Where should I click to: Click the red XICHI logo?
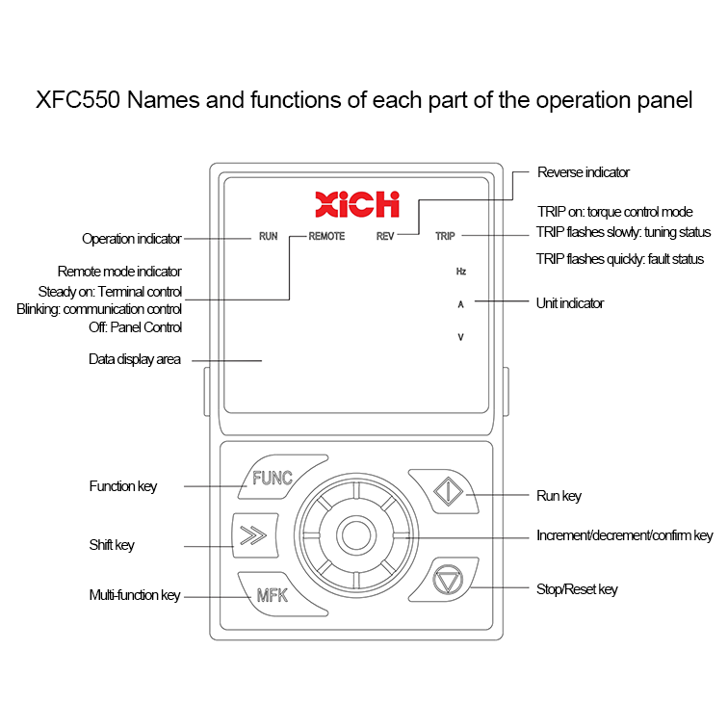pyautogui.click(x=357, y=204)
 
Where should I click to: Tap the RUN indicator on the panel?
pyautogui.click(x=269, y=236)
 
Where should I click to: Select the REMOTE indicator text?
pyautogui.click(x=326, y=236)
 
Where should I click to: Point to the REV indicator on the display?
pyautogui.click(x=385, y=236)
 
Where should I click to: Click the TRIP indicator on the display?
pyautogui.click(x=445, y=236)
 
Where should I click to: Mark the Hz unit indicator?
pyautogui.click(x=461, y=272)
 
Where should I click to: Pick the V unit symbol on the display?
pyautogui.click(x=460, y=337)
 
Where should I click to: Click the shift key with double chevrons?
pyautogui.click(x=255, y=535)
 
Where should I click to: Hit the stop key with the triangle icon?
pyautogui.click(x=446, y=580)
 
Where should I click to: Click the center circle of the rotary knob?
pyautogui.click(x=356, y=535)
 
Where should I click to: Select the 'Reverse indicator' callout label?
pyautogui.click(x=584, y=172)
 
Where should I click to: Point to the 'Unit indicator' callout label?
pyautogui.click(x=570, y=303)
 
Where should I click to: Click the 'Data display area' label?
pyautogui.click(x=135, y=359)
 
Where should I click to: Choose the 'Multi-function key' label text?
pyautogui.click(x=135, y=595)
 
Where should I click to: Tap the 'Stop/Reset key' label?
pyautogui.click(x=577, y=589)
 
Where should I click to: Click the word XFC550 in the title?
pyautogui.click(x=78, y=100)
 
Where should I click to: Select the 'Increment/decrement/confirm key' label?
pyautogui.click(x=624, y=535)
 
